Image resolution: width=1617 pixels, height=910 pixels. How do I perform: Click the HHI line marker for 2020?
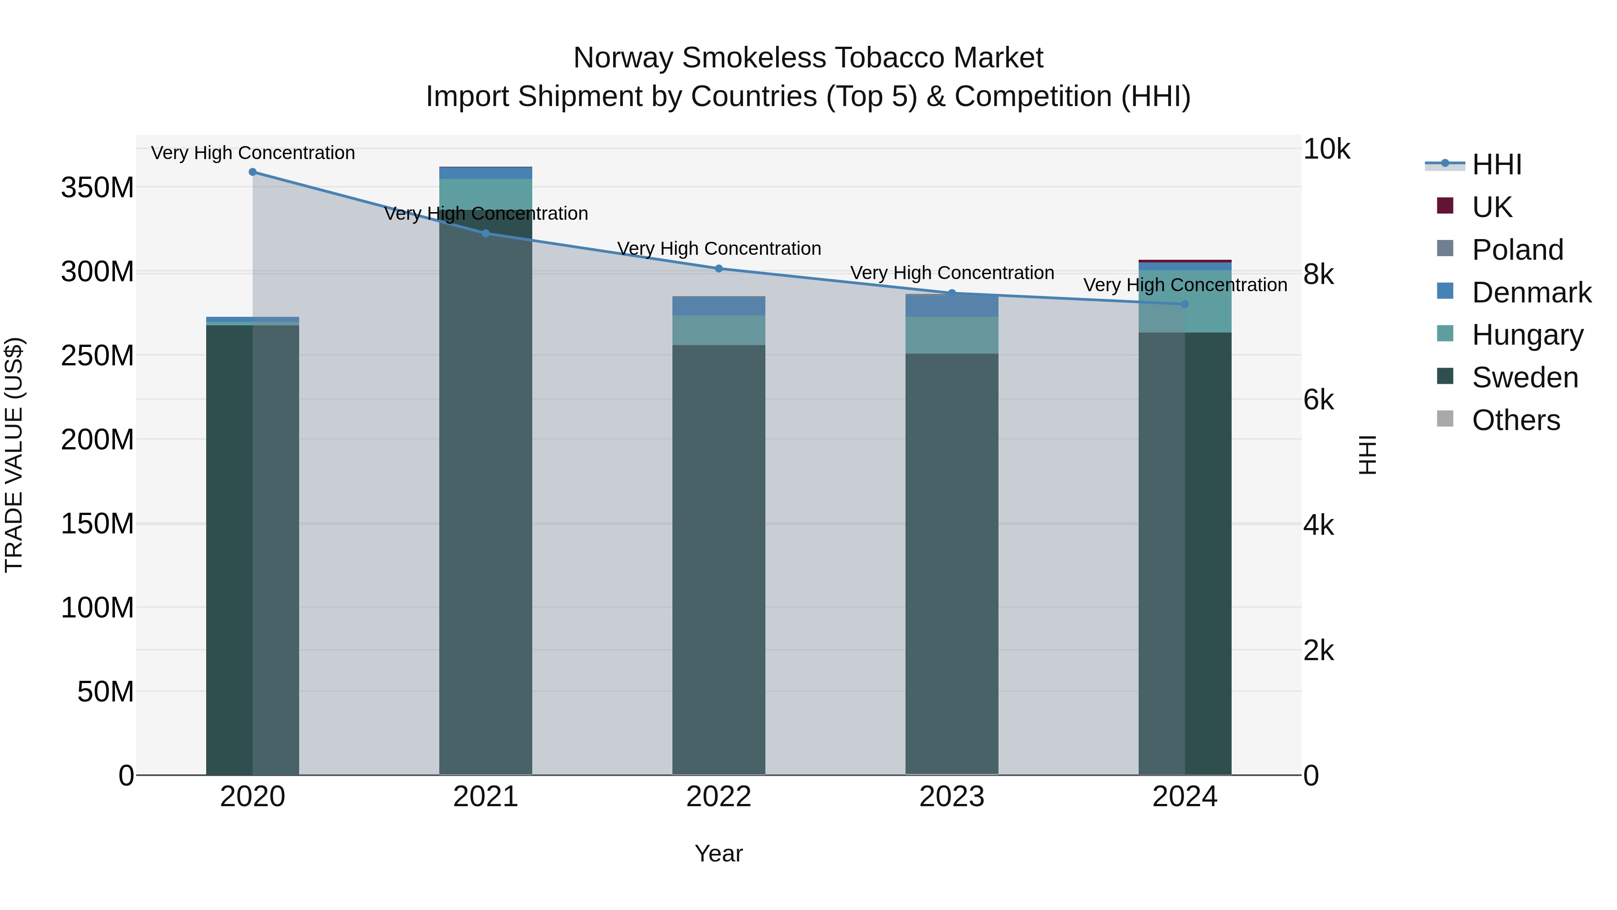(x=252, y=172)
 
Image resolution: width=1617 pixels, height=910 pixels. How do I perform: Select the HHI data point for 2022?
(x=719, y=268)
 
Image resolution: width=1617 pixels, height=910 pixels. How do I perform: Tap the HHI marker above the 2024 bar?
(x=1184, y=304)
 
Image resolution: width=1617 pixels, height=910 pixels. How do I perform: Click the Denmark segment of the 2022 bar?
(x=719, y=306)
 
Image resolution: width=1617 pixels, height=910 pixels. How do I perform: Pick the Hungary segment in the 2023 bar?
(x=952, y=335)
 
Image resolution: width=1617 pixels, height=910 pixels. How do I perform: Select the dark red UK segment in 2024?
(x=1184, y=261)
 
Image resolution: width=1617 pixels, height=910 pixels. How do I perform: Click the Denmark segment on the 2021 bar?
(x=485, y=173)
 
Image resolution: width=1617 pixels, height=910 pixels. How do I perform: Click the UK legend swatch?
(x=1445, y=206)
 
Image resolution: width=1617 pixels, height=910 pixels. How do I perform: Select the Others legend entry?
(x=1515, y=420)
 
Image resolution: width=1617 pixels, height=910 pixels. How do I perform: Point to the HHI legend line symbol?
(x=1445, y=164)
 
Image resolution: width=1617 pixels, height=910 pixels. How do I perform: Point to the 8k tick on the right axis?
(x=1318, y=275)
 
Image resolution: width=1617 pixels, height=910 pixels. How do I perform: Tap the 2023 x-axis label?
(x=952, y=796)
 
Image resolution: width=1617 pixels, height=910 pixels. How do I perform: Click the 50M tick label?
(x=106, y=692)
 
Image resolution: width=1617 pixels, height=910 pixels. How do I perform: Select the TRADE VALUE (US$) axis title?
(x=14, y=455)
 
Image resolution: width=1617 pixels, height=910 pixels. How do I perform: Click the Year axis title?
(x=719, y=853)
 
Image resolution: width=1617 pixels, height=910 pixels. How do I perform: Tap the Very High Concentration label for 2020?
(x=253, y=153)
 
